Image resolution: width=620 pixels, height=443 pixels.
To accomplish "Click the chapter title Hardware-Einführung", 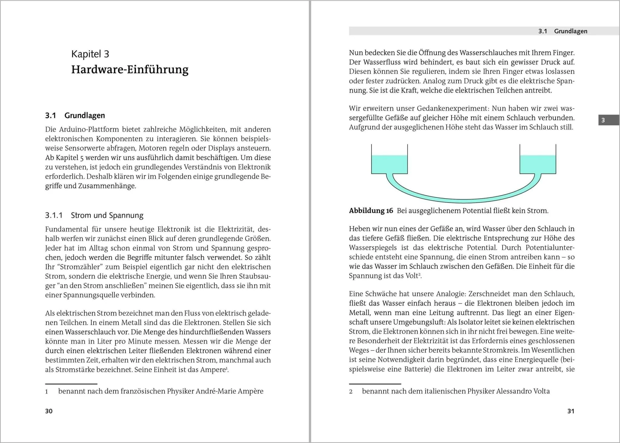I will [x=130, y=70].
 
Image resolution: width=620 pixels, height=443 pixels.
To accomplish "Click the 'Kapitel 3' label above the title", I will [x=90, y=54].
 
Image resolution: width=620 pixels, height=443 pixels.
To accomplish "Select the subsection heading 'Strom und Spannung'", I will [x=107, y=215].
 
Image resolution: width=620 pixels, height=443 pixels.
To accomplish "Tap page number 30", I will [x=49, y=411].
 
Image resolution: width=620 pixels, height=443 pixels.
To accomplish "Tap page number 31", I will [x=571, y=411].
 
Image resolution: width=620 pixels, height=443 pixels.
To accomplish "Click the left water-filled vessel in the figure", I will [x=389, y=164].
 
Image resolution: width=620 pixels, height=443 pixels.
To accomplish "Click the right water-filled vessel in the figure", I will [x=538, y=164].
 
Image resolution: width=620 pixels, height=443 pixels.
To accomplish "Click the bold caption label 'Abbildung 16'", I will [x=371, y=211].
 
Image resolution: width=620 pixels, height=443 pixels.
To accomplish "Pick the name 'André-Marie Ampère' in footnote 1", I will [x=229, y=391].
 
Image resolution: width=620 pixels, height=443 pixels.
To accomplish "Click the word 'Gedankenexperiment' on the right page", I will [x=452, y=108].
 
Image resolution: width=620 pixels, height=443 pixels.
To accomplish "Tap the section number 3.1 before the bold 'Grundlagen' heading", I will [x=51, y=116].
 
